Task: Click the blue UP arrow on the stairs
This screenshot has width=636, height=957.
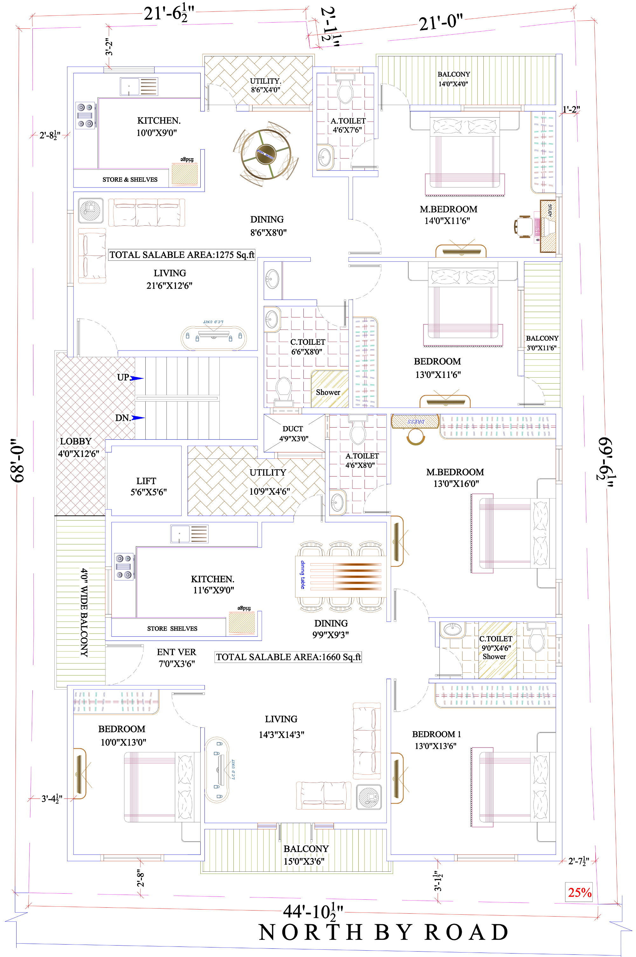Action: click(x=137, y=379)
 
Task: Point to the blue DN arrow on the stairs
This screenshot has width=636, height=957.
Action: click(x=138, y=418)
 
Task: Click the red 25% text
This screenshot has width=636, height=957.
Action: click(x=579, y=892)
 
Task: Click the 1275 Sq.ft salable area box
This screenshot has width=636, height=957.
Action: click(x=182, y=255)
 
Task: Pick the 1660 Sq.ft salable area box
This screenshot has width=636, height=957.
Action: click(x=288, y=657)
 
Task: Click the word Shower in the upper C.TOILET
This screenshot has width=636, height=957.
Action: click(x=328, y=393)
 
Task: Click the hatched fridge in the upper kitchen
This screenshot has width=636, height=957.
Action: click(x=184, y=174)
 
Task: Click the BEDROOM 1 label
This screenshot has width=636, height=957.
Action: click(x=436, y=734)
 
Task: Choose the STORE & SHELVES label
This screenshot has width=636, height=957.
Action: click(x=130, y=180)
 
